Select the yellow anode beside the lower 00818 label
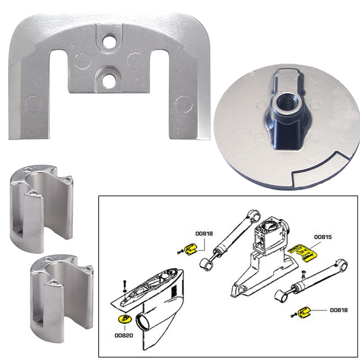pyautogui.click(x=305, y=312)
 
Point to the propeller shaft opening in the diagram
pyautogui.click(x=144, y=324)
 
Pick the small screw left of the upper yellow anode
pyautogui.click(x=179, y=252)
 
